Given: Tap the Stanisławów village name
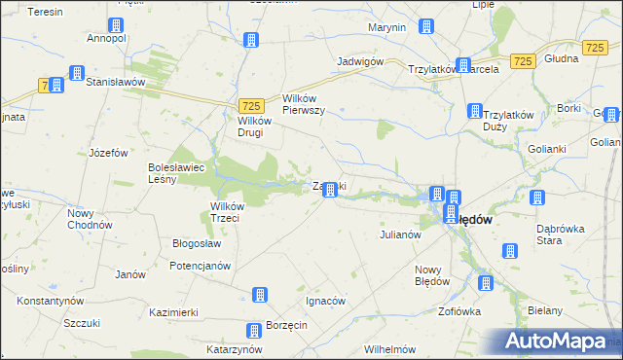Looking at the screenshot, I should pos(115,83).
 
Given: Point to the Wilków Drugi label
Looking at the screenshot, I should pos(258,126).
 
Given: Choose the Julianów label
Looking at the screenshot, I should pos(398,234).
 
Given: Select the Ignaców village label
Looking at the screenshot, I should pos(326,301).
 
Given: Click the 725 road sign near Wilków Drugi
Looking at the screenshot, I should pos(250,105).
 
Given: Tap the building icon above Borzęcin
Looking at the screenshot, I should pos(254,331).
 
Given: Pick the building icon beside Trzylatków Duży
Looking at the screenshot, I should pos(474,112).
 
